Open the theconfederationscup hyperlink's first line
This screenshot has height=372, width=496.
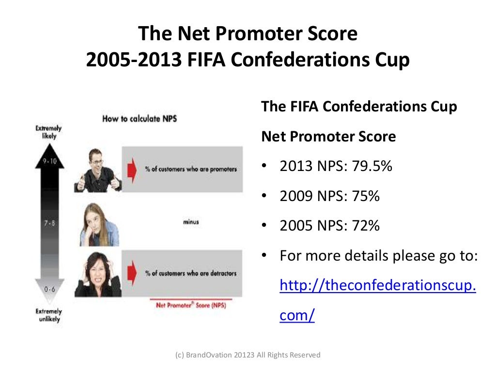378,286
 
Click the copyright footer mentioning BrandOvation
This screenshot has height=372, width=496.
248,355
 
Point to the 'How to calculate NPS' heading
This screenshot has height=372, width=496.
139,119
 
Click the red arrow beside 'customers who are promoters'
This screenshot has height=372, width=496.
130,169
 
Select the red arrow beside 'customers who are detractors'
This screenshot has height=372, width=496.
130,273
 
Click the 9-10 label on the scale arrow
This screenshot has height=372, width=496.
50,162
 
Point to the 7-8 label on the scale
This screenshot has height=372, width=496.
50,223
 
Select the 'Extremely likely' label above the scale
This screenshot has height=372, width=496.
48,132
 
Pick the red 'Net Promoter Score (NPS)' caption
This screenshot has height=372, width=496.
191,306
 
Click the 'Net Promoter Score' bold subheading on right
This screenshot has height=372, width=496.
328,137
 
